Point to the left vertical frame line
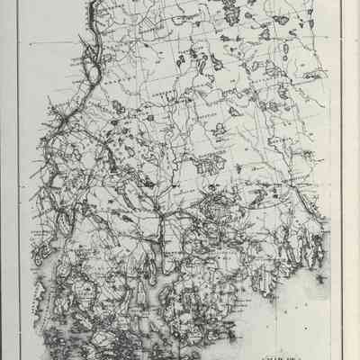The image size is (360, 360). (x=19, y=180)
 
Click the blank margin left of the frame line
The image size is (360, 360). (x=9, y=180)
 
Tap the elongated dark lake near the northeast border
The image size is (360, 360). (x=286, y=49)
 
